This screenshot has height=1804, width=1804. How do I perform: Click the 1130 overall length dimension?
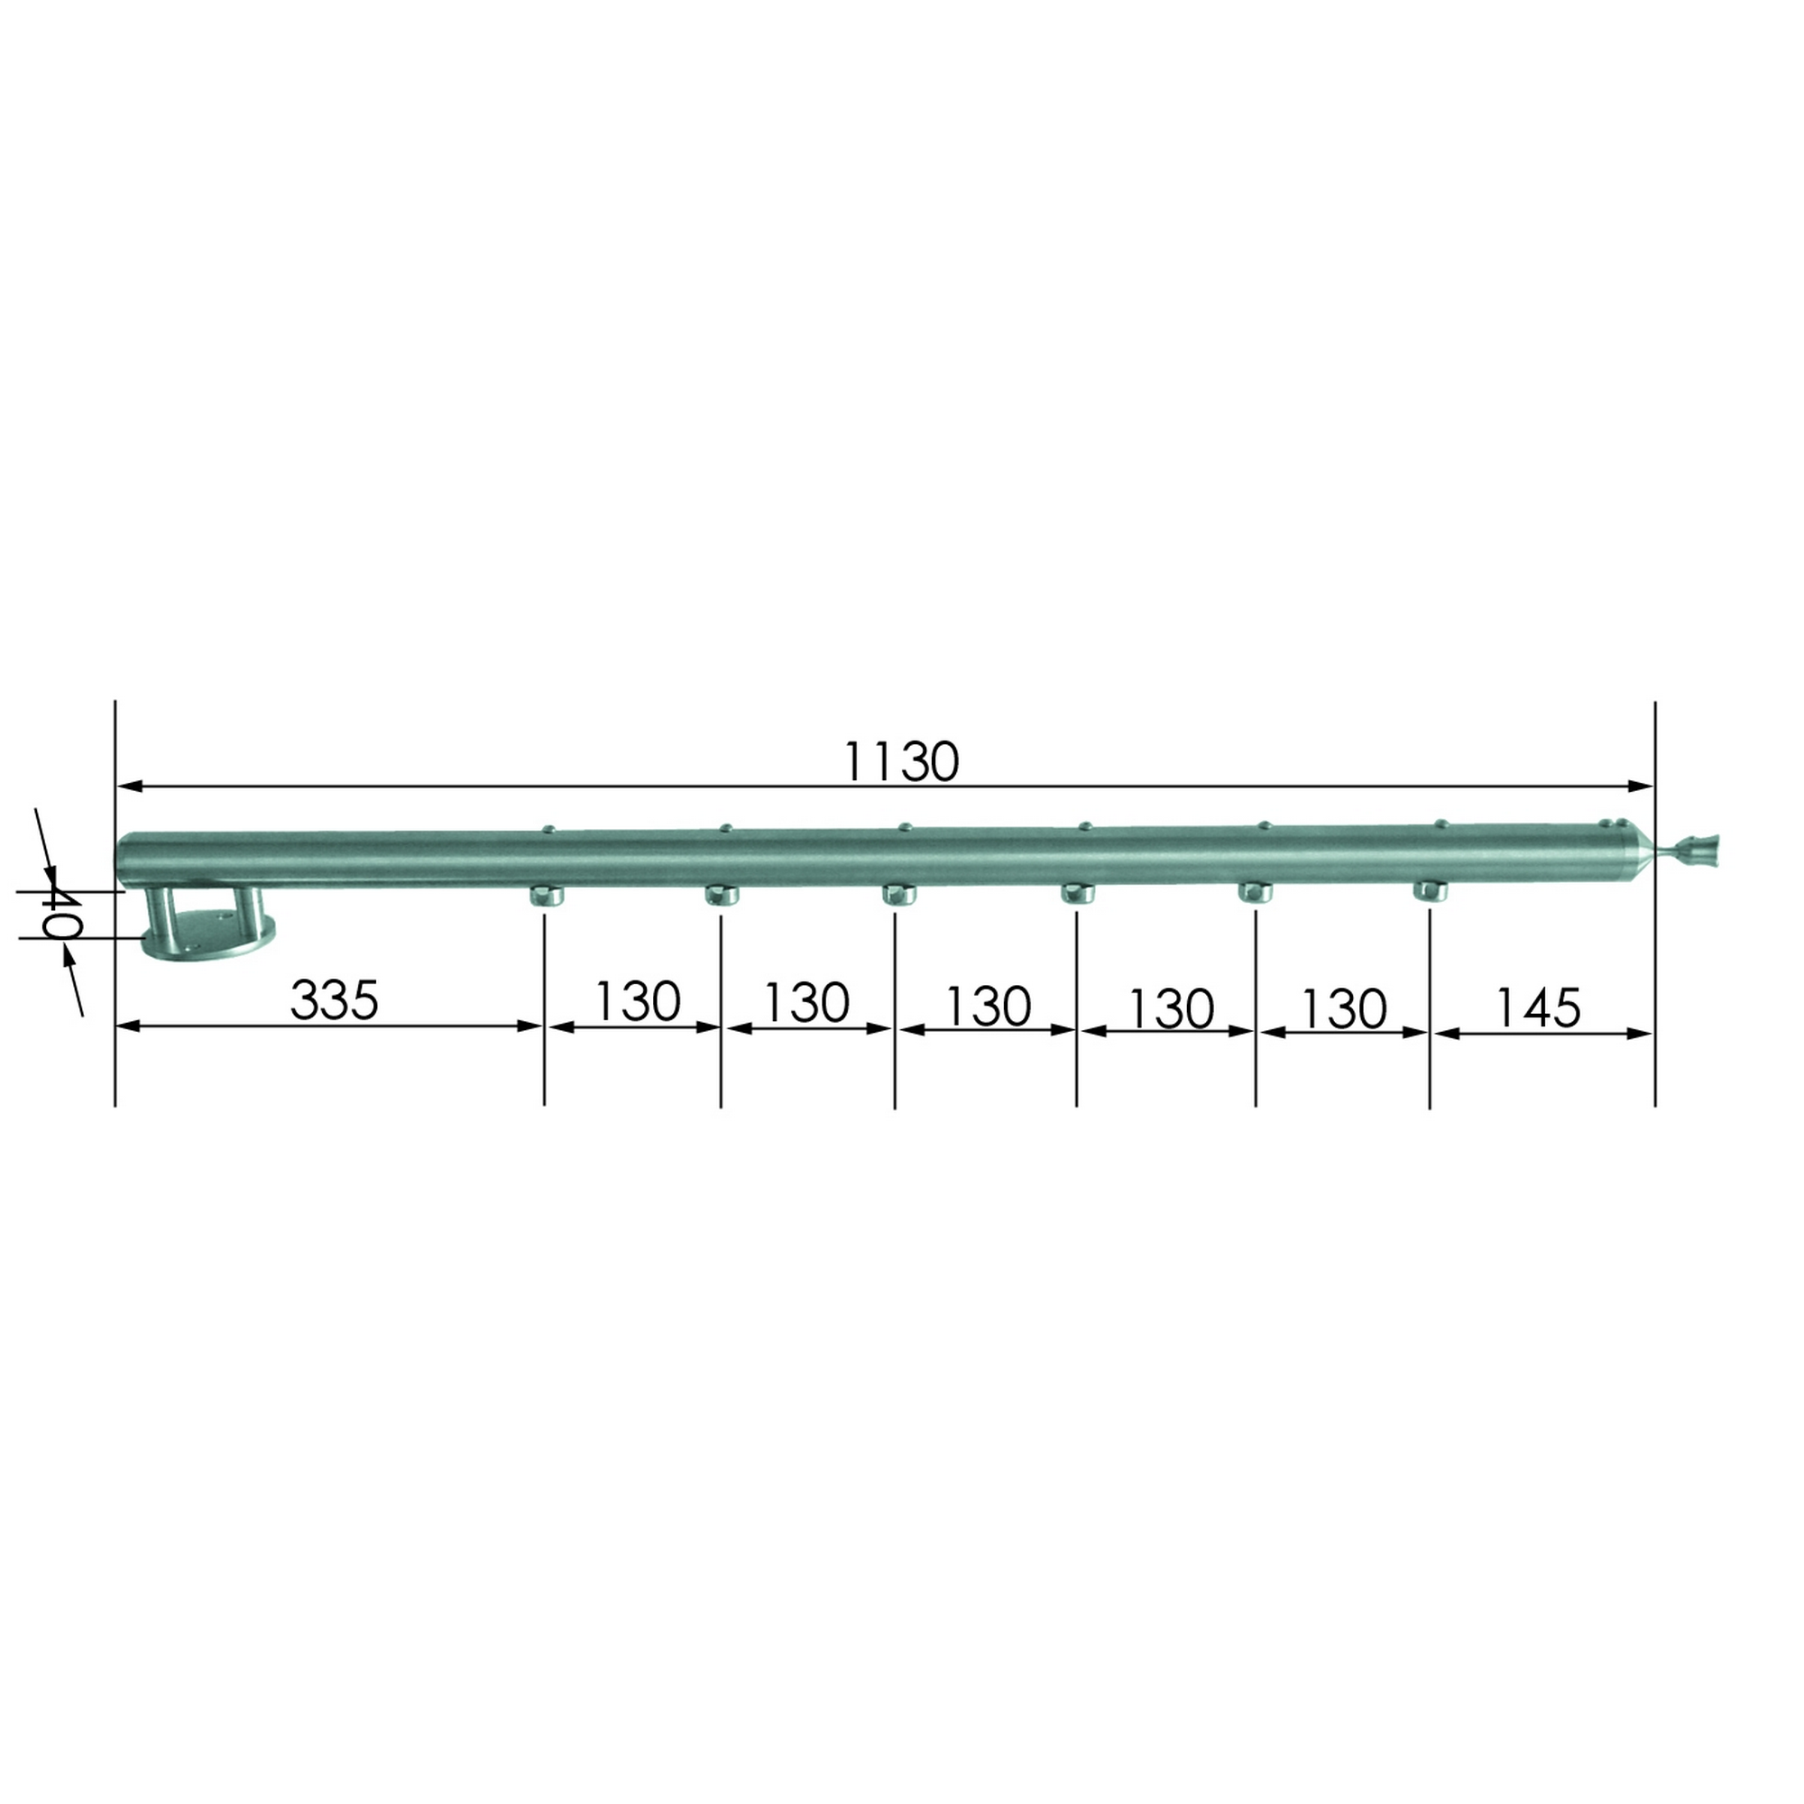pyautogui.click(x=901, y=762)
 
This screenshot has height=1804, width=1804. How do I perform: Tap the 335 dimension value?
pyautogui.click(x=335, y=1000)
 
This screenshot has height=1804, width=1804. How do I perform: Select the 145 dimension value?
pyautogui.click(x=1538, y=1008)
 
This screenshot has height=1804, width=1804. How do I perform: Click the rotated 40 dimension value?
pyautogui.click(x=60, y=915)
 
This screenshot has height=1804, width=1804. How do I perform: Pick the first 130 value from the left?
pyautogui.click(x=637, y=1002)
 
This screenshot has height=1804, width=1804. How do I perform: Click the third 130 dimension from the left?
pyautogui.click(x=987, y=1006)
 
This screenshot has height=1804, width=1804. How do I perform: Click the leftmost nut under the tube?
pyautogui.click(x=548, y=897)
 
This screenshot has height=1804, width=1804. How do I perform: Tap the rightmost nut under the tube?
pyautogui.click(x=1430, y=891)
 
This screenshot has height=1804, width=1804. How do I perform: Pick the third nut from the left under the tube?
pyautogui.click(x=899, y=896)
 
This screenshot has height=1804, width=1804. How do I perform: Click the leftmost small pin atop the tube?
pyautogui.click(x=549, y=828)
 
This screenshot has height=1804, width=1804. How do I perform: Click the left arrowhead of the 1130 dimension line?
pyautogui.click(x=127, y=787)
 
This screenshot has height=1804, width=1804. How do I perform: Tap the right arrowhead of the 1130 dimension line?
pyautogui.click(x=1642, y=787)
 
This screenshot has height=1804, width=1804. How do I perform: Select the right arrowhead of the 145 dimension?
pyautogui.click(x=1642, y=1033)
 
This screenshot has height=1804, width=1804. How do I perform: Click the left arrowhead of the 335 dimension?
pyautogui.click(x=127, y=1026)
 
